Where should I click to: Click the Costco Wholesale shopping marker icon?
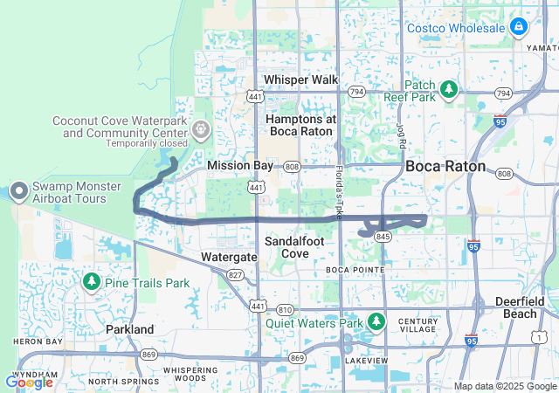(519, 27)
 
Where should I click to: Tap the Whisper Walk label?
(300, 79)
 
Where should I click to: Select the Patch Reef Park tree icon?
(449, 89)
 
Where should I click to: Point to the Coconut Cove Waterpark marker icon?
(201, 129)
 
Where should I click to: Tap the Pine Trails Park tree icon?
(91, 282)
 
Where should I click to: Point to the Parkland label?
(129, 329)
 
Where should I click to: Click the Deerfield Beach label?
(520, 307)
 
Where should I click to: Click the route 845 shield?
(382, 237)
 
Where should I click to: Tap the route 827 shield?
(235, 274)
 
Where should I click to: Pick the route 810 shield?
(285, 310)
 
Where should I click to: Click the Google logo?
(29, 382)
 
